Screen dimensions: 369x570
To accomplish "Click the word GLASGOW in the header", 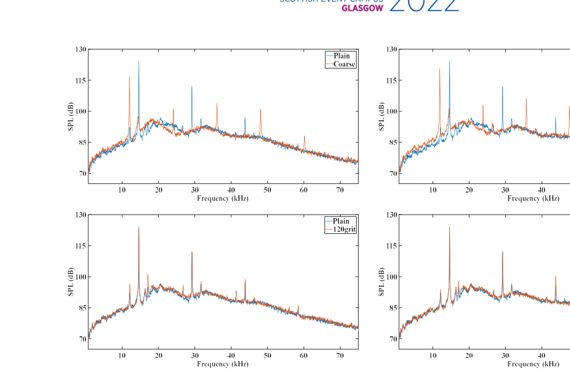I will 362,8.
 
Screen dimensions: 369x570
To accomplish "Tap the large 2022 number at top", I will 424,5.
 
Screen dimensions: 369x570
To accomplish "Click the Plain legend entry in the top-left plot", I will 341,56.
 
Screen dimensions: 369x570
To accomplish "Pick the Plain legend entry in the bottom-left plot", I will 341,221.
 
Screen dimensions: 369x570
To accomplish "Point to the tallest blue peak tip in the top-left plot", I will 138,61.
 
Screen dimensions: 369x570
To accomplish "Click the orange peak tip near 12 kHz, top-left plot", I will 130,77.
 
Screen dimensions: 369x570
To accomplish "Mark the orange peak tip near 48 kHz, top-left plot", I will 261,109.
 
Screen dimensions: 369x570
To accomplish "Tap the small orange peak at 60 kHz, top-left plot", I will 304,136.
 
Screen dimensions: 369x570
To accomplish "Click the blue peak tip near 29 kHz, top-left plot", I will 192,87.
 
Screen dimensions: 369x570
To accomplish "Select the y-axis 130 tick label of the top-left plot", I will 80,49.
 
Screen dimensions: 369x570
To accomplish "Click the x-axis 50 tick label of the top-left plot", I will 267,190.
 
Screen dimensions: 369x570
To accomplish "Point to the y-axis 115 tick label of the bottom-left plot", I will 80,246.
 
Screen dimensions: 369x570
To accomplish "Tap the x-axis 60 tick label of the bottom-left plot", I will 304,356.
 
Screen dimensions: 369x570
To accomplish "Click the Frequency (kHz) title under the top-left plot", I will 223,198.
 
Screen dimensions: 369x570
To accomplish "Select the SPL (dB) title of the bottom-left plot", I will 71,282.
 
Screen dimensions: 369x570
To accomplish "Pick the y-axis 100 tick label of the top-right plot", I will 391,111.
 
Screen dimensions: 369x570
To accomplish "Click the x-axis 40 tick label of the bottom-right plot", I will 541,356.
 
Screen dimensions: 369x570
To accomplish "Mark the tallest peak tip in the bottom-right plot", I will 449,226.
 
